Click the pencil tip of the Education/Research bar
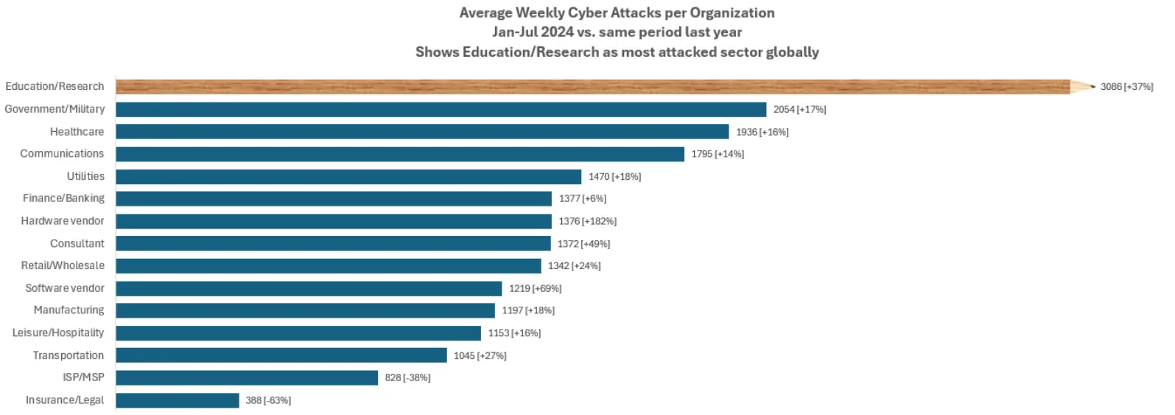point(1083,87)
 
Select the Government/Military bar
point(441,110)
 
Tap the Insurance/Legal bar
point(177,400)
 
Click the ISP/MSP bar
point(247,377)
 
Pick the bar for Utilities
point(348,177)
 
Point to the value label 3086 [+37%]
point(1126,87)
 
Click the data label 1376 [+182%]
point(587,221)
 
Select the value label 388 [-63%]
point(268,400)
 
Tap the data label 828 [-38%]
point(407,377)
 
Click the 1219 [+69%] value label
point(535,288)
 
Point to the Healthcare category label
point(77,132)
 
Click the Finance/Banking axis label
point(63,198)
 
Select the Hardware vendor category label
point(63,221)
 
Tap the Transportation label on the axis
point(68,355)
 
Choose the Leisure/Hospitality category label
point(58,333)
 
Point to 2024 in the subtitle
point(557,32)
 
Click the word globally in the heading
point(792,52)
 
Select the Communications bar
point(400,154)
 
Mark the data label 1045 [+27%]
point(480,356)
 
